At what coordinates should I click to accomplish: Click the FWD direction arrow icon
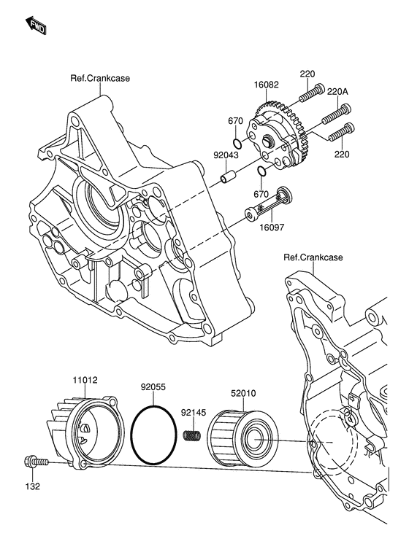point(37,27)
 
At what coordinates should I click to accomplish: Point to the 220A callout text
point(337,92)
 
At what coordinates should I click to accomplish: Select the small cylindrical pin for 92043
point(228,177)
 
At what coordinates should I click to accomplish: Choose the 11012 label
point(85,380)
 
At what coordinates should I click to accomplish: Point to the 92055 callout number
point(154,387)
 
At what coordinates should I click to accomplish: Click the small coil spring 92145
point(191,436)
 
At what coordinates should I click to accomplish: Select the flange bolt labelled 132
point(34,462)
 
